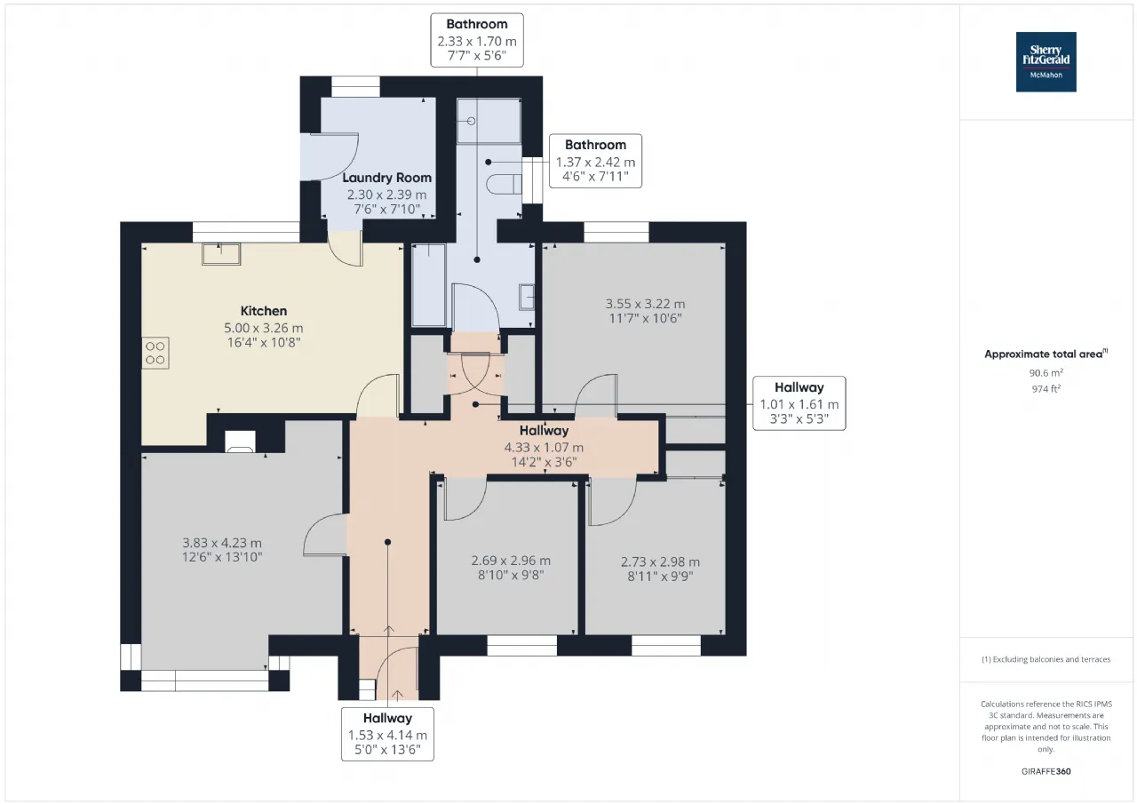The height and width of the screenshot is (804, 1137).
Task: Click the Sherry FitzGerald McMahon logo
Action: [1046, 62]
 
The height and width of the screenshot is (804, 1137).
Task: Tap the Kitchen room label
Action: [264, 311]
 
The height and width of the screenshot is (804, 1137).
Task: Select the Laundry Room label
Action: [386, 178]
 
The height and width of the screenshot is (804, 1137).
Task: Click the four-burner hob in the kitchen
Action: [155, 353]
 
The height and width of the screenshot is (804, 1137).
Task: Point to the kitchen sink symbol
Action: [221, 254]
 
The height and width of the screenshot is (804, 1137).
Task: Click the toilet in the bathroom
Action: [504, 184]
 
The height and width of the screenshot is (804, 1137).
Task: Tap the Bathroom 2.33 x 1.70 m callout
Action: [477, 40]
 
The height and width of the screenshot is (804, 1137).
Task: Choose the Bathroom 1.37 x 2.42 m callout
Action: [595, 161]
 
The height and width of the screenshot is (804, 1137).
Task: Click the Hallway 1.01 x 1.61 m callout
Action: [799, 403]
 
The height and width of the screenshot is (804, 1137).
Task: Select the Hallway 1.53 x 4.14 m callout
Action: [387, 734]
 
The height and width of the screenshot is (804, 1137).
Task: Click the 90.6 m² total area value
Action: [1046, 372]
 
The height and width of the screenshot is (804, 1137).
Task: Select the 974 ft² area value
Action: [1046, 389]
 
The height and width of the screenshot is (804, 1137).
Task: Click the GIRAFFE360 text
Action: [1046, 771]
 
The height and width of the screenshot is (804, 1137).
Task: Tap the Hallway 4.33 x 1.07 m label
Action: [544, 446]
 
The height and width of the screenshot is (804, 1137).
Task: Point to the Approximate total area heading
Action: [1046, 354]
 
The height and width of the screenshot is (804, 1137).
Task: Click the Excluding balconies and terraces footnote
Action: [1046, 659]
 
